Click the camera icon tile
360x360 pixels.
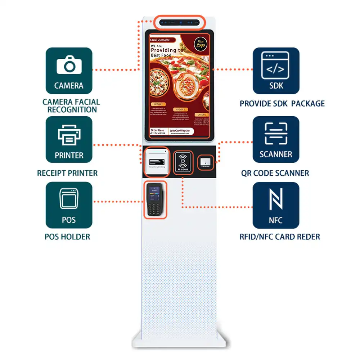point(69,71)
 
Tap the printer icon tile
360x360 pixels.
point(69,139)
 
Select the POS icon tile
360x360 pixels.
point(69,205)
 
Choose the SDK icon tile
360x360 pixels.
point(276,71)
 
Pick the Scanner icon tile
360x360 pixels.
point(276,139)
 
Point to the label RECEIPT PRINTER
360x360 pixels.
point(67,173)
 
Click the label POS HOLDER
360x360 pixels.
point(67,237)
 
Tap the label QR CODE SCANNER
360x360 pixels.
point(275,173)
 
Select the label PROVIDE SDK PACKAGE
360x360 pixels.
point(282,104)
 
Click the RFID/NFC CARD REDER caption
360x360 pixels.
point(280,237)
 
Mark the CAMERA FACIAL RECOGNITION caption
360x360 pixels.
point(71,106)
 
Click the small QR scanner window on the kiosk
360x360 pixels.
point(206,162)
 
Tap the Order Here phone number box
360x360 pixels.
point(158,132)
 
